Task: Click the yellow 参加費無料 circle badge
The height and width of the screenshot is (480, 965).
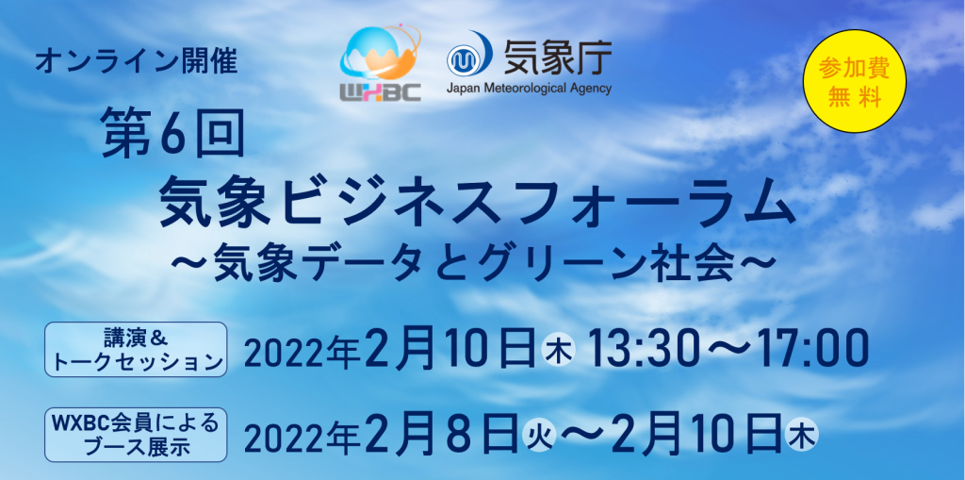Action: (x=856, y=81)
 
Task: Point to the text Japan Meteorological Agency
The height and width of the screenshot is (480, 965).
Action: (x=529, y=89)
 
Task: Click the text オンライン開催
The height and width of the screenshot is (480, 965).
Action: (x=136, y=62)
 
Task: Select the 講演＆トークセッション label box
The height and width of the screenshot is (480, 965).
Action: (x=136, y=349)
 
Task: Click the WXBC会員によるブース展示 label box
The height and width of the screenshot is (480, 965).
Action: (x=136, y=435)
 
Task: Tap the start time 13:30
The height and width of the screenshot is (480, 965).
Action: (x=640, y=349)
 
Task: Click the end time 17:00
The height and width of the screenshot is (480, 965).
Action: (x=813, y=349)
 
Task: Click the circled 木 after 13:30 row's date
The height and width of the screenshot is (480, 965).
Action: (x=558, y=351)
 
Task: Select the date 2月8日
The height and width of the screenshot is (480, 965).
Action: (x=439, y=435)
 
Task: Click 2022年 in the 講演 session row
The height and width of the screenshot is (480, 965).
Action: (x=303, y=351)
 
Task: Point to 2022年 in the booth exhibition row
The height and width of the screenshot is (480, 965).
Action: (x=303, y=436)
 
